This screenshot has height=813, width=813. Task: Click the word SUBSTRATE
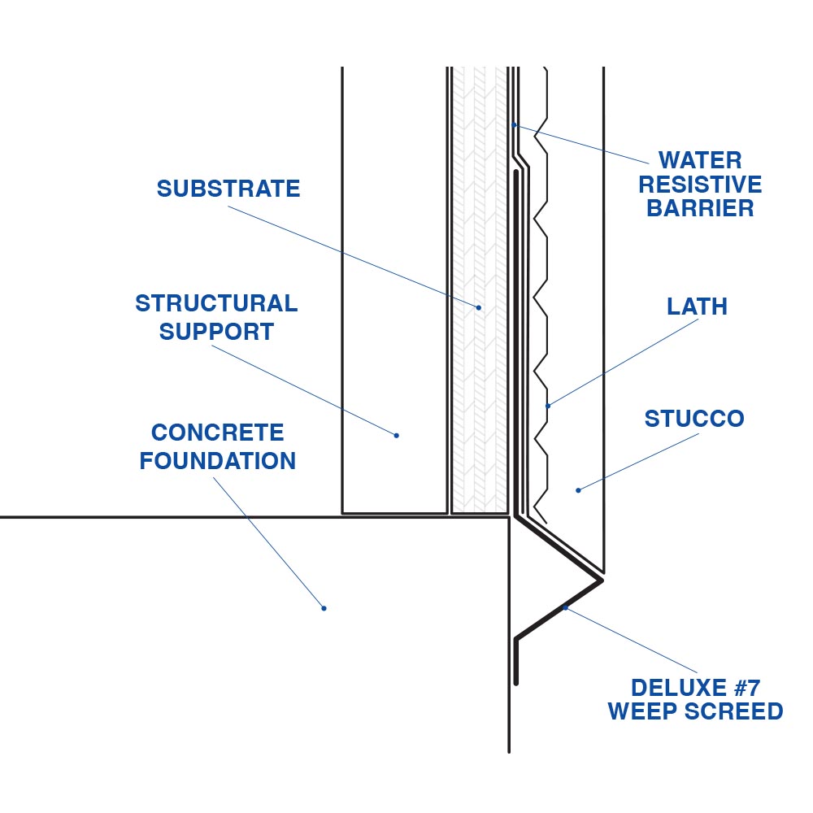coord(228,189)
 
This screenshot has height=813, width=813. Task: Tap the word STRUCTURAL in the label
coord(216,304)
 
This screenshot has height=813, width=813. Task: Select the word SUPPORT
coord(216,332)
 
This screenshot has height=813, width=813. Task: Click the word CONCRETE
coord(218,433)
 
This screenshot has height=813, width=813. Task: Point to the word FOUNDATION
coord(218,461)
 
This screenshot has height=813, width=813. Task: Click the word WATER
coord(700,160)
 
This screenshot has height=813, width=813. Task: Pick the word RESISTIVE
coord(700,184)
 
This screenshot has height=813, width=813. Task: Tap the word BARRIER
coord(700,208)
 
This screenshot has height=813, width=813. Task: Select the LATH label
coord(697,307)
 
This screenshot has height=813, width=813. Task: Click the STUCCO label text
coord(694,420)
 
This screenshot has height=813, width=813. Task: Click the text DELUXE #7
coord(695,688)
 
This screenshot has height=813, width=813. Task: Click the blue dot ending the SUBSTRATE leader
coord(479,307)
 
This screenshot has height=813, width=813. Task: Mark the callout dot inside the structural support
coord(397,436)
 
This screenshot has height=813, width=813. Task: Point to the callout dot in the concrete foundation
coord(324,608)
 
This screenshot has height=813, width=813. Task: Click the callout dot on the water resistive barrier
coord(515,125)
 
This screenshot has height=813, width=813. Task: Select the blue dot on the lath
coord(548,406)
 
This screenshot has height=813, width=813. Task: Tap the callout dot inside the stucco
coord(578,489)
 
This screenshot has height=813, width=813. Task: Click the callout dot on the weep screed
coord(564,606)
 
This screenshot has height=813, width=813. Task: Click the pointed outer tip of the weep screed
coord(602,580)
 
